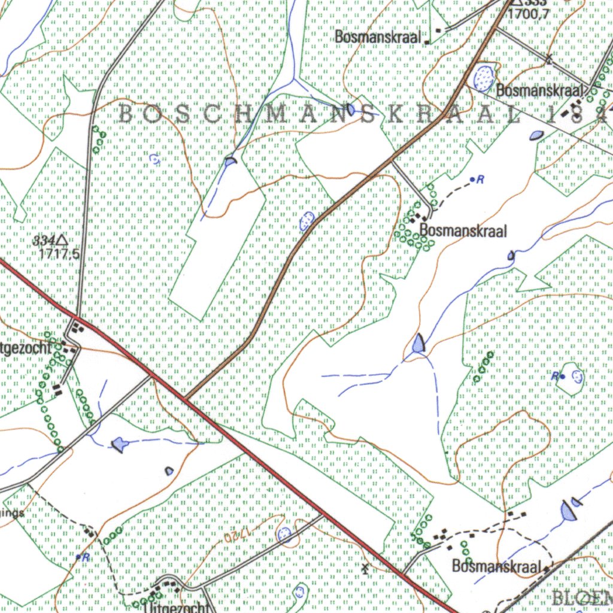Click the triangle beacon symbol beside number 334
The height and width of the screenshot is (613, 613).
tap(62, 241)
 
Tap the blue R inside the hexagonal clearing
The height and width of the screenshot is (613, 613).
tap(556, 376)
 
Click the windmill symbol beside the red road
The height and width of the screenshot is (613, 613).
tap(365, 566)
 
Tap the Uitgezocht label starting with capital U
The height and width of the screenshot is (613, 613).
tap(177, 607)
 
